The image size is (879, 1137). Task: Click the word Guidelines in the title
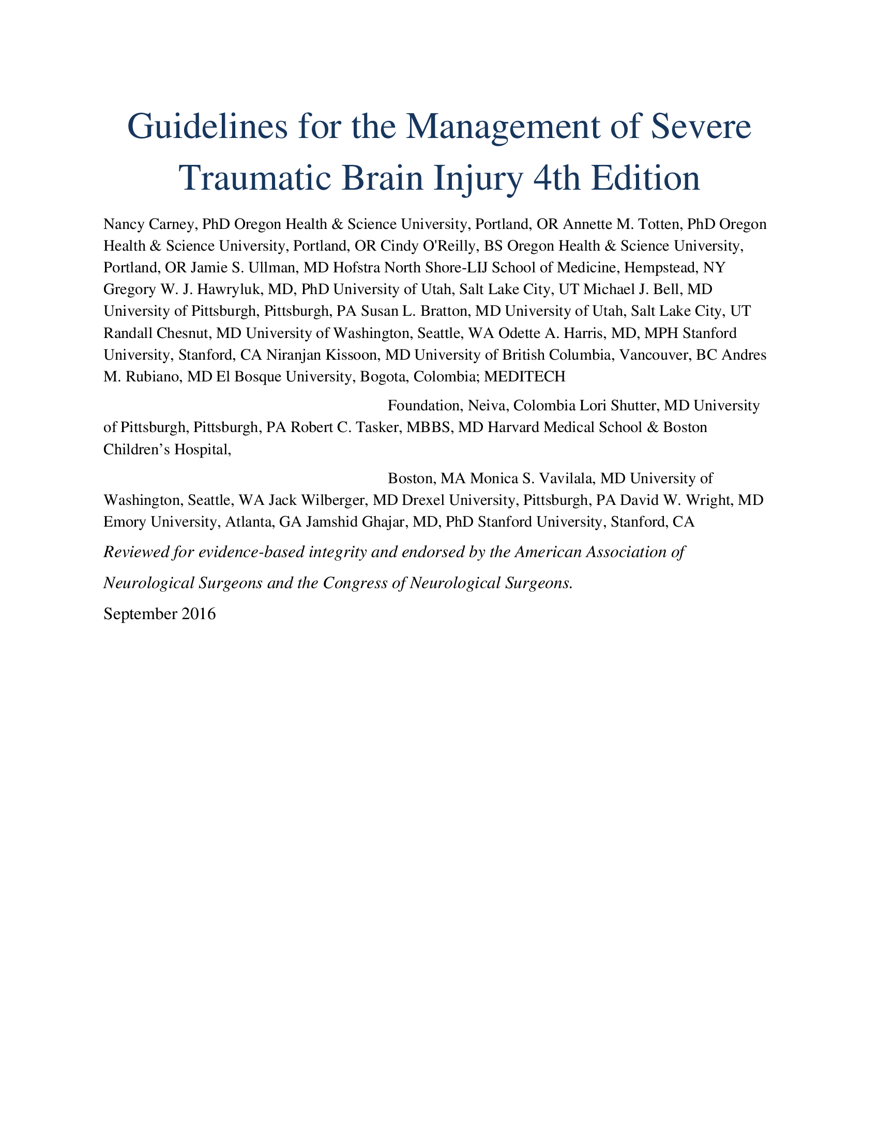(x=207, y=127)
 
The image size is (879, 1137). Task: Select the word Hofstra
(x=359, y=268)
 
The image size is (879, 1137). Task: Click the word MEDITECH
(x=524, y=377)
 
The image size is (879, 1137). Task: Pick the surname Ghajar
(x=382, y=522)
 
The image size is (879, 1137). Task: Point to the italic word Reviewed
(x=135, y=552)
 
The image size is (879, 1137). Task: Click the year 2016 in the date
(x=199, y=614)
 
